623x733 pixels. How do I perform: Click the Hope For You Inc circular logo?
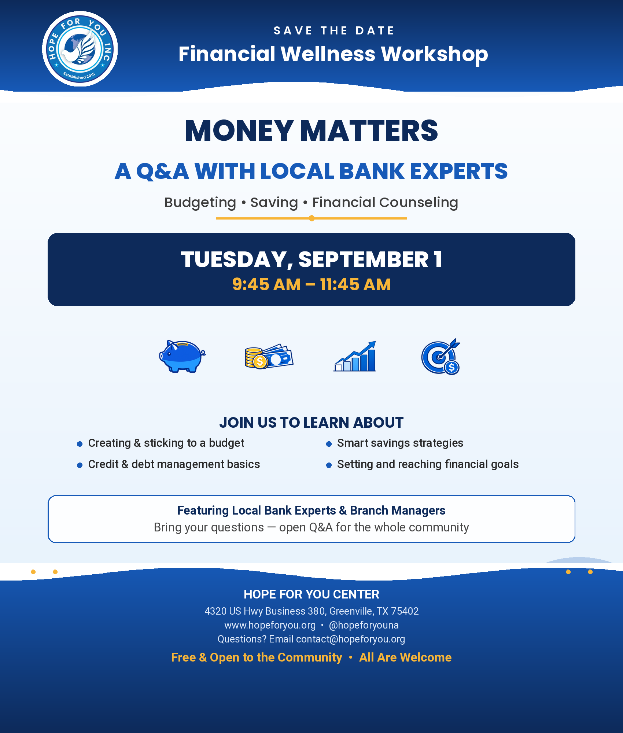pyautogui.click(x=80, y=49)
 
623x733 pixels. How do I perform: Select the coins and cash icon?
pyautogui.click(x=269, y=357)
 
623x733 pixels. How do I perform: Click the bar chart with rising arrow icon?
pyautogui.click(x=355, y=356)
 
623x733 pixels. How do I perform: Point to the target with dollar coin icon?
pyautogui.click(x=440, y=357)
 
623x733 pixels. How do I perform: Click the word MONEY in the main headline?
pyautogui.click(x=239, y=130)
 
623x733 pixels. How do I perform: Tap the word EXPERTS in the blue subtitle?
pyautogui.click(x=459, y=171)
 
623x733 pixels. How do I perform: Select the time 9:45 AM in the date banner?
pyautogui.click(x=266, y=284)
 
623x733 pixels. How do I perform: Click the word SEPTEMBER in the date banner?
pyautogui.click(x=363, y=259)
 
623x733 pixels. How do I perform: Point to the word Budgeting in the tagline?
pyautogui.click(x=200, y=203)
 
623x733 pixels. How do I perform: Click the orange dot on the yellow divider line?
pyautogui.click(x=311, y=218)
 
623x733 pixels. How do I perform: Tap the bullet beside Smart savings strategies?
pyautogui.click(x=329, y=444)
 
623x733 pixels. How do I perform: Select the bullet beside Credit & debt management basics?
pyautogui.click(x=80, y=465)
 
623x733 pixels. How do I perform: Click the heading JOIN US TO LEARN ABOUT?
pyautogui.click(x=311, y=423)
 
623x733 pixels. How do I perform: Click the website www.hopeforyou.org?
pyautogui.click(x=270, y=625)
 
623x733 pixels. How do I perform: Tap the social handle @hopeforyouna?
pyautogui.click(x=364, y=625)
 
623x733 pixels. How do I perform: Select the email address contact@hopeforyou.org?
pyautogui.click(x=351, y=639)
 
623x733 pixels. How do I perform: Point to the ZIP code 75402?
pyautogui.click(x=405, y=611)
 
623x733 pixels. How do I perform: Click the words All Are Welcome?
pyautogui.click(x=405, y=658)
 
